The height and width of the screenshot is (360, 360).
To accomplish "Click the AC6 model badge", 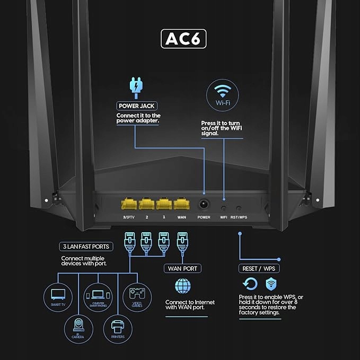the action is [183, 39].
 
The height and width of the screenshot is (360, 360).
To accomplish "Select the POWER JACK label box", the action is [137, 106].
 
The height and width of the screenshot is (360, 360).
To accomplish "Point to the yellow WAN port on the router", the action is [181, 204].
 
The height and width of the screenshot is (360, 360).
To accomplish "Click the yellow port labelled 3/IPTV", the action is [128, 204].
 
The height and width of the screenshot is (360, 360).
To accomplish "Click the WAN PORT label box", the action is [182, 269].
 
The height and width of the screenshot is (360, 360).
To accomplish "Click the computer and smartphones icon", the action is [98, 295].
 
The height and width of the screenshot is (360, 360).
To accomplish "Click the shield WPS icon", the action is [271, 283].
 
